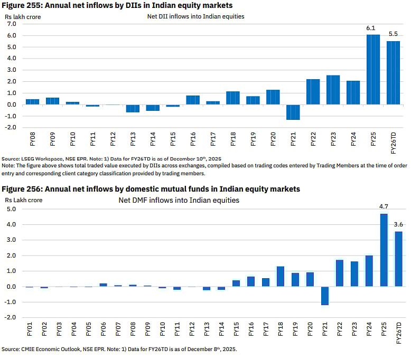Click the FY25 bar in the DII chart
[373, 69]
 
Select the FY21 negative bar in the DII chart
[293, 112]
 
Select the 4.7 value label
[384, 207]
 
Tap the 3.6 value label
[398, 225]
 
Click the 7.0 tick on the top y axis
[11, 24]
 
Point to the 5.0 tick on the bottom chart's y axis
[11, 209]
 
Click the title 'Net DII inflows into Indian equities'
[195, 16]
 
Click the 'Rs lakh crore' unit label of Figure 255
[23, 16]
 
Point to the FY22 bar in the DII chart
[313, 92]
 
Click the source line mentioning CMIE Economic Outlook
[119, 349]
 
